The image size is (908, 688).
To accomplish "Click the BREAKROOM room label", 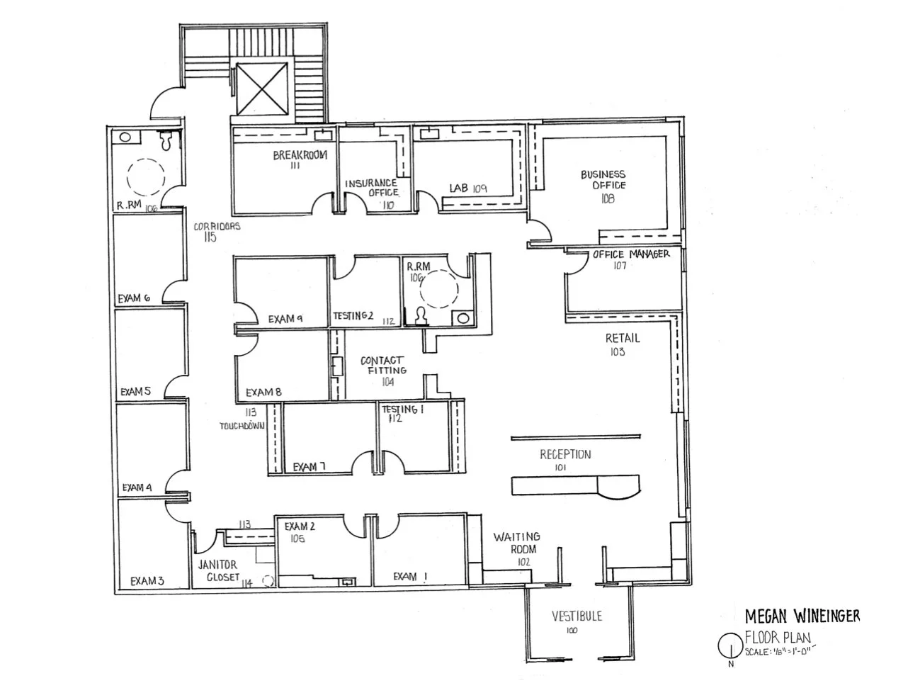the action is [x=300, y=155].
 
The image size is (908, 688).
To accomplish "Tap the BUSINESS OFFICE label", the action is [x=603, y=180].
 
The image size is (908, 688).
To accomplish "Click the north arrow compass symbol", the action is [x=728, y=645].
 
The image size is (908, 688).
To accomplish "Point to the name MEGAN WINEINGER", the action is [x=802, y=616].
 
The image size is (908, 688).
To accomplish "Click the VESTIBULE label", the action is [x=577, y=616].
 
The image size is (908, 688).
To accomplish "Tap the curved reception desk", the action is [x=576, y=485].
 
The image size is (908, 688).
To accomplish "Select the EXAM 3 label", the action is [x=147, y=581].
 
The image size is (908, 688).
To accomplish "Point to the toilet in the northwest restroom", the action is [x=167, y=141].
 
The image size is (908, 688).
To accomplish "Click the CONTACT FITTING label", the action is [x=382, y=365].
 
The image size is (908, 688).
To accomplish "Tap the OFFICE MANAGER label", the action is [x=630, y=254].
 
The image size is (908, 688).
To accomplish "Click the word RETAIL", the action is [x=623, y=339].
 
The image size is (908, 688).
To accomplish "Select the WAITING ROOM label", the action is [x=517, y=543].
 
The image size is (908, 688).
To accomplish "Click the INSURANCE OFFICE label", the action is [x=372, y=188].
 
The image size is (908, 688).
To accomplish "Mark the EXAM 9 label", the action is [x=285, y=320].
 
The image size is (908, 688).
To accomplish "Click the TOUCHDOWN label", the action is [x=242, y=426].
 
